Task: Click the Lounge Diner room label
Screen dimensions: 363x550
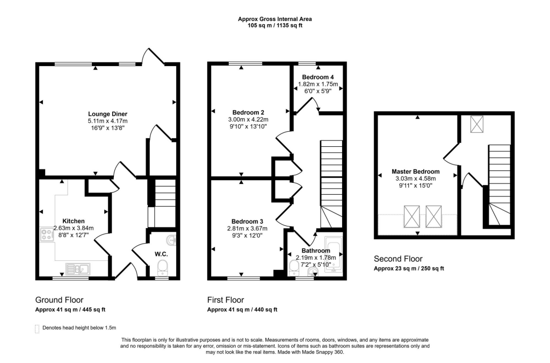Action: point(107,113)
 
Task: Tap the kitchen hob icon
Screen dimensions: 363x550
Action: point(45,234)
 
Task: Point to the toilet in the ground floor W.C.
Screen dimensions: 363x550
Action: point(162,267)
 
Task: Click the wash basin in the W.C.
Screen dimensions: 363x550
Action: point(172,239)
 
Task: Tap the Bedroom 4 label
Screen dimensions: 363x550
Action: point(318,77)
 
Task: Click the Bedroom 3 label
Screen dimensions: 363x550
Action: point(247,221)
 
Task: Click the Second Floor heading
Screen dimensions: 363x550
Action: point(398,259)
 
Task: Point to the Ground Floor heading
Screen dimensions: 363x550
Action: point(59,300)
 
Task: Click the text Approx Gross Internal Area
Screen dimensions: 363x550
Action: point(275,19)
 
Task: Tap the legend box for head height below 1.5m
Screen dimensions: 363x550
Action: point(37,328)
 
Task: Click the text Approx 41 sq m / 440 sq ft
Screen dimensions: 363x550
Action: point(242,310)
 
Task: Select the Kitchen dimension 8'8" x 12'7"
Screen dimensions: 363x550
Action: point(74,234)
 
